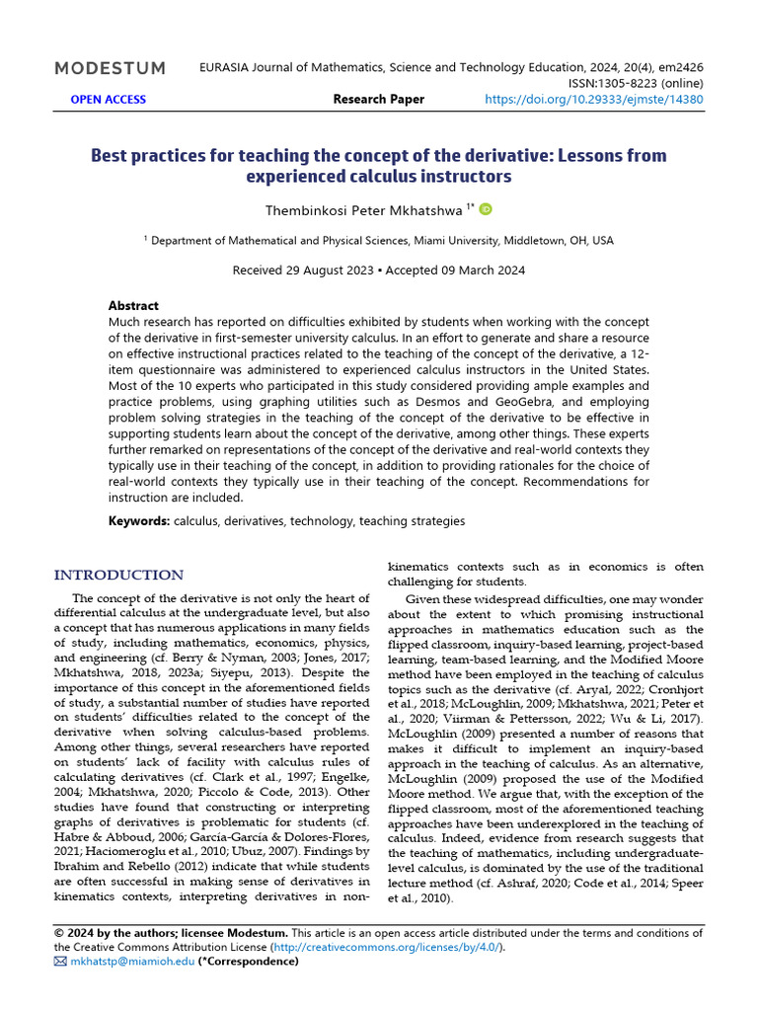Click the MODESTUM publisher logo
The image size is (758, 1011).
tap(110, 68)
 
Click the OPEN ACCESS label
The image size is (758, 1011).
tap(108, 99)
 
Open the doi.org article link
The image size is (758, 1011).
tap(595, 99)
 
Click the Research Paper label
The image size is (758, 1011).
tap(378, 99)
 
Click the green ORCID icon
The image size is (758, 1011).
tap(486, 209)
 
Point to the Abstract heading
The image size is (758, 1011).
tap(133, 306)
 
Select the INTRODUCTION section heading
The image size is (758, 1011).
tap(118, 576)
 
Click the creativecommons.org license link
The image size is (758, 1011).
tap(387, 947)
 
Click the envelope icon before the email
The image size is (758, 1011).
tap(60, 961)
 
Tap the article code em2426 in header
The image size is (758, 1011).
tap(678, 68)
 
